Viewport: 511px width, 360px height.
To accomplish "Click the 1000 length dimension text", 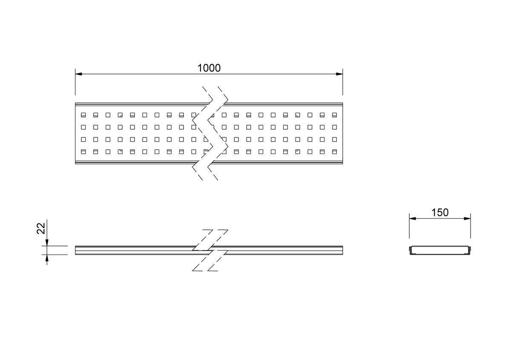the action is click(209, 68).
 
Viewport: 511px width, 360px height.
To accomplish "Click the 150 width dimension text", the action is click(440, 212).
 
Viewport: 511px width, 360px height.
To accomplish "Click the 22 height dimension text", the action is click(41, 228).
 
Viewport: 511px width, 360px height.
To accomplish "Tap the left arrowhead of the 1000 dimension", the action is click(78, 74).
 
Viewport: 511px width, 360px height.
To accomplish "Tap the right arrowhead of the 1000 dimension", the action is click(339, 74).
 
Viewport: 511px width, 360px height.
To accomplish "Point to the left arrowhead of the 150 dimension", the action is click(413, 218).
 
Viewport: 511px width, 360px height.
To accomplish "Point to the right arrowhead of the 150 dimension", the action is click(467, 218).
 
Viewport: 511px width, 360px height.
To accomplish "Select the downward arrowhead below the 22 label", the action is click(47, 243).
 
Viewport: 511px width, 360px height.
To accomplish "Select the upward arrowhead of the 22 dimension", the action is click(47, 258).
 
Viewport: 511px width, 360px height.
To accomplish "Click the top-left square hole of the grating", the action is click(83, 115).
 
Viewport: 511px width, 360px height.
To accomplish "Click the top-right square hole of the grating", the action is click(334, 115).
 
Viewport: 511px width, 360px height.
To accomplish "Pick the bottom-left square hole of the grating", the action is click(83, 151).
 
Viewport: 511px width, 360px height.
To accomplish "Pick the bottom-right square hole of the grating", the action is click(334, 151).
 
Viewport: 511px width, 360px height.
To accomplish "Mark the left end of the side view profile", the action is click(75, 250).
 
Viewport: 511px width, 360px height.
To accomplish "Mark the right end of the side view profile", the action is click(343, 250).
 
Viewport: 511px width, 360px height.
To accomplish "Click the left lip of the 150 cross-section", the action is click(410, 250).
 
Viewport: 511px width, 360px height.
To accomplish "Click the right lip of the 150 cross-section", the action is click(470, 250).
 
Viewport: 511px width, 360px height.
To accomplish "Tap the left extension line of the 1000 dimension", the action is click(75, 82).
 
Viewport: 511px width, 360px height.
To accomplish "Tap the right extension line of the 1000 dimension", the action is click(343, 82).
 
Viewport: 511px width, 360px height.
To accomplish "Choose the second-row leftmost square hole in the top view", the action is click(83, 127).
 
